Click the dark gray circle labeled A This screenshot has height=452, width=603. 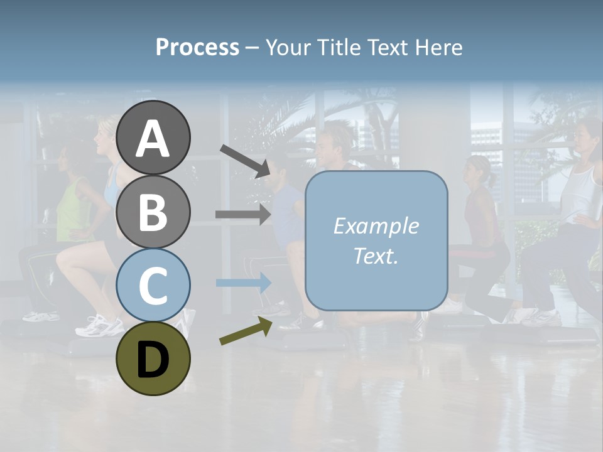[153, 137]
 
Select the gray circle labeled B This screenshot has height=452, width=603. [153, 212]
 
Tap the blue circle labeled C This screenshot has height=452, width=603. [153, 285]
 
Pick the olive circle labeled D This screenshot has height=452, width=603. [153, 358]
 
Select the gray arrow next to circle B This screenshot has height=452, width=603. [243, 214]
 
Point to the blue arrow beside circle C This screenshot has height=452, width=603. [243, 282]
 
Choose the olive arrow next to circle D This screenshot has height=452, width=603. [245, 331]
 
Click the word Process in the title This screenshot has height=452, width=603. [197, 47]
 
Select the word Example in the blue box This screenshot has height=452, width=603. [376, 226]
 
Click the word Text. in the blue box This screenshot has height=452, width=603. [376, 256]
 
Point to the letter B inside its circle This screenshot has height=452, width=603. [153, 212]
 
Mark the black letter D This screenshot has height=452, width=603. [153, 360]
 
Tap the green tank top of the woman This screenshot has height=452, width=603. [73, 210]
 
